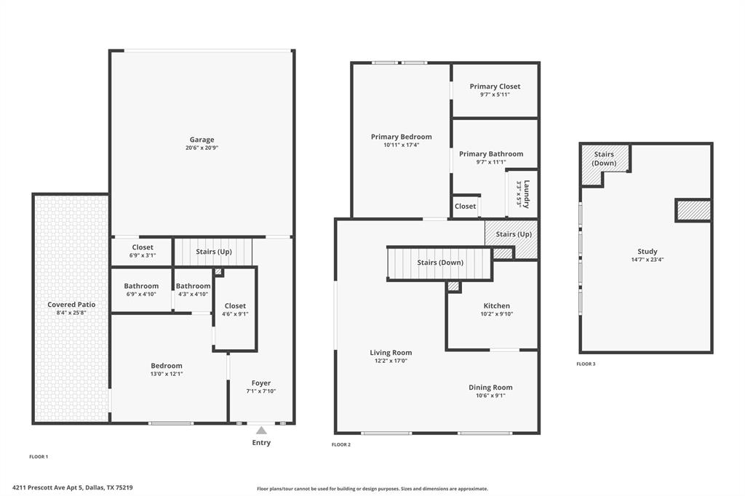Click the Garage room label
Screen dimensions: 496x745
202,140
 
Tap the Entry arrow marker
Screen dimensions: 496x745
261,431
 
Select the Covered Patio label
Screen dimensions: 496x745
71,305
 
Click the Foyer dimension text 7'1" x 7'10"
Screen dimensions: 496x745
261,391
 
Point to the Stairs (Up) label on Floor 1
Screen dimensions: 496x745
214,252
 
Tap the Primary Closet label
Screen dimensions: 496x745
495,87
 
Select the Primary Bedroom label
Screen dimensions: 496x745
401,137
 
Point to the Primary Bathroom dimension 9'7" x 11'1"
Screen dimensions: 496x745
491,163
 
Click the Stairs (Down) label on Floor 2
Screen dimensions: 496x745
440,263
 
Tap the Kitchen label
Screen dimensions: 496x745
497,305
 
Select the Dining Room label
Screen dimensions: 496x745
490,388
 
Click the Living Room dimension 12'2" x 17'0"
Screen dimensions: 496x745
391,361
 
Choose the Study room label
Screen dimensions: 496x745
647,252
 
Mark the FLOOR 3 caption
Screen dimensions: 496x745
586,364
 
